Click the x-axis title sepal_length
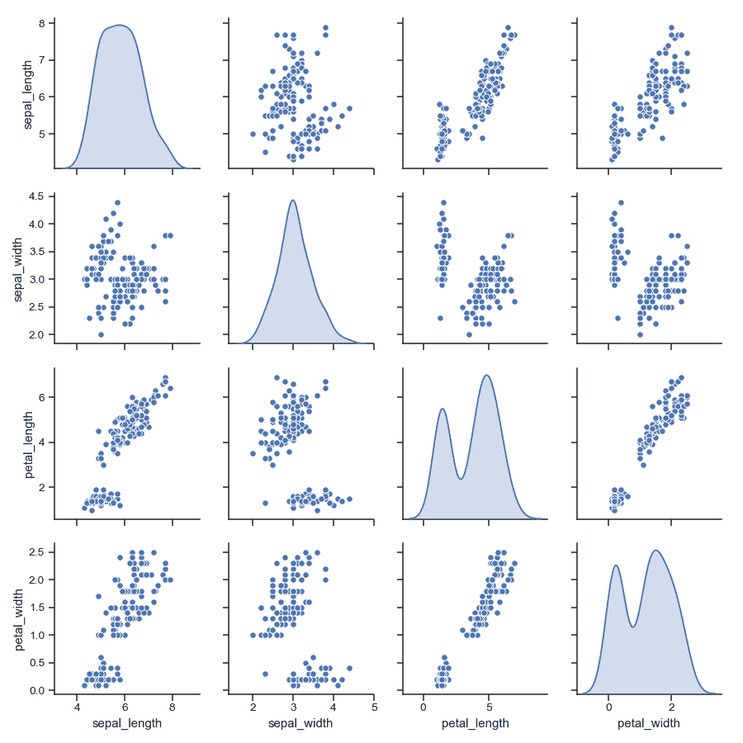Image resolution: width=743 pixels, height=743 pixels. tap(125, 724)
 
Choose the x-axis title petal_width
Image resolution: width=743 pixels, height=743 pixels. tap(649, 724)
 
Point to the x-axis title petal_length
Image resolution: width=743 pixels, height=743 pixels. tap(475, 724)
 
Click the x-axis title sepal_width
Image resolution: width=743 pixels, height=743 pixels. tap(299, 724)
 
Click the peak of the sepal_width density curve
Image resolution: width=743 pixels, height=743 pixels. tap(293, 200)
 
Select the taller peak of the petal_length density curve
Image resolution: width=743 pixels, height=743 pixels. tap(487, 376)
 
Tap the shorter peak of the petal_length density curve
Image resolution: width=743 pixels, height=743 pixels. tap(443, 409)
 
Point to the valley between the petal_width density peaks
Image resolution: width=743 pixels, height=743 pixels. tap(632, 627)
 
